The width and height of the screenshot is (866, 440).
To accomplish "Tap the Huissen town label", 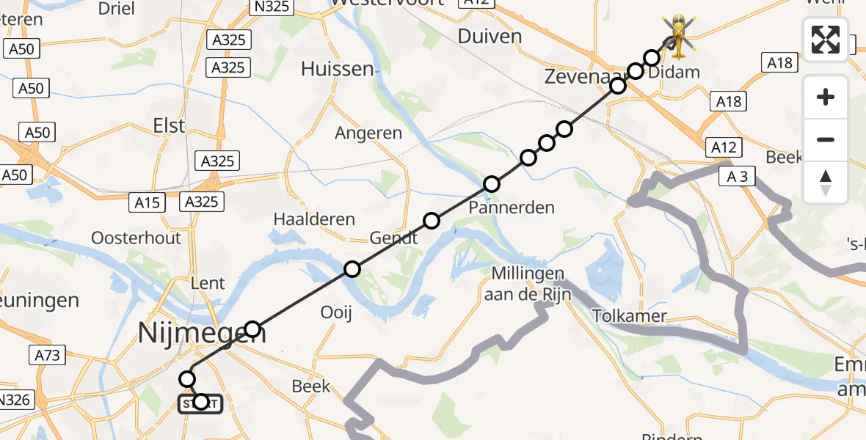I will (x=338, y=70).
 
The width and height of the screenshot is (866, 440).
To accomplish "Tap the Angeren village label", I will (x=368, y=133).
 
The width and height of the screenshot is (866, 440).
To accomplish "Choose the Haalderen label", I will (x=314, y=219).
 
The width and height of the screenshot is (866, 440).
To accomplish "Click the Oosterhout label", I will (x=136, y=238).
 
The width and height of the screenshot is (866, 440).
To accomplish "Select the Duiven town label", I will (x=490, y=37).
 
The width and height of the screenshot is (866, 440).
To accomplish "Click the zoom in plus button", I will (x=826, y=97).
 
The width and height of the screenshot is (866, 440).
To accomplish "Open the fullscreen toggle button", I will (x=826, y=39).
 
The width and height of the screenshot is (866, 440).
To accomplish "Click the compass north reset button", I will (x=826, y=183).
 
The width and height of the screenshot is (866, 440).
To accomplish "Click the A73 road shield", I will (x=48, y=356).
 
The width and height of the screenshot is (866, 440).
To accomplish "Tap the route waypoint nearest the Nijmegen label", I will (x=252, y=329).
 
